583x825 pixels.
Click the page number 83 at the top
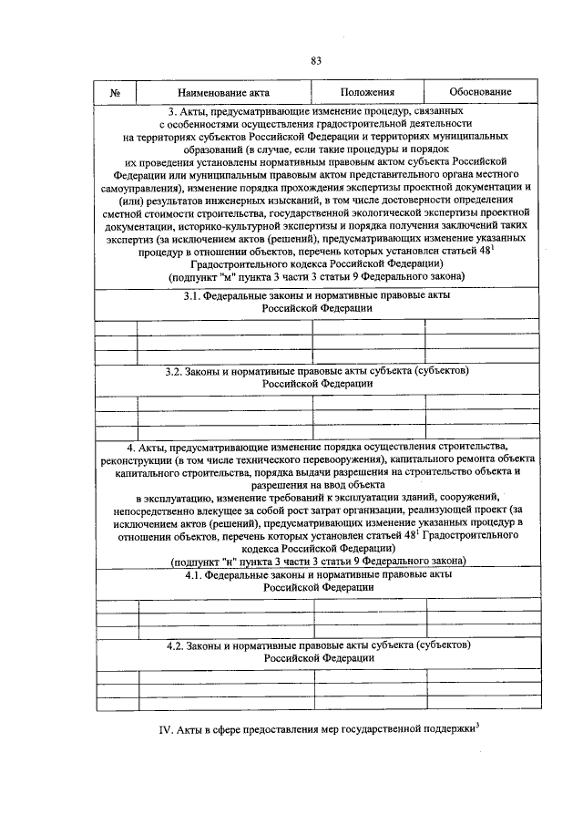[316, 61]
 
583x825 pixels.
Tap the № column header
[116, 93]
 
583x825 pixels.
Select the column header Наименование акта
[223, 93]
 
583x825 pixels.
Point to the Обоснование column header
[480, 93]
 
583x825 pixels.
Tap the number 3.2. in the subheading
[175, 372]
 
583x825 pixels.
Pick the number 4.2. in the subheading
[176, 645]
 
